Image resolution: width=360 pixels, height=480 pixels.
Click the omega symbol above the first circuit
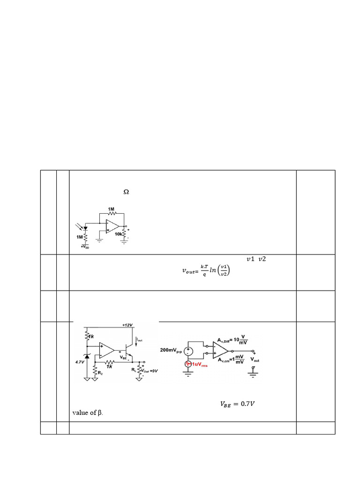126,192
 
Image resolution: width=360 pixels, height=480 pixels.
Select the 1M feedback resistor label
111,209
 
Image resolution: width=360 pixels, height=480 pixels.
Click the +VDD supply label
85,247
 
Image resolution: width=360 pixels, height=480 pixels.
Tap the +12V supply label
128,325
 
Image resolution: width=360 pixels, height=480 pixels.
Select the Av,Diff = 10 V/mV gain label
234,340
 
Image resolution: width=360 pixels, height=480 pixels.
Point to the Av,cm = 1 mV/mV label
232,360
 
